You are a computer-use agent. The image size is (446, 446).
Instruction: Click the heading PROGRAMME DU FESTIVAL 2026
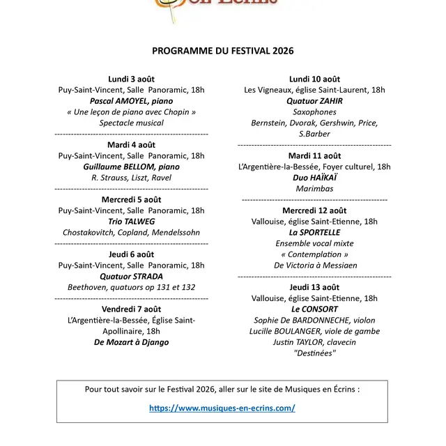(x=223, y=51)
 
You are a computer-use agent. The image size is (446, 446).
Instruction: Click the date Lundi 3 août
(x=131, y=79)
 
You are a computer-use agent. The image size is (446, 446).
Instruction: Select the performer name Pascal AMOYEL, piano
(x=131, y=101)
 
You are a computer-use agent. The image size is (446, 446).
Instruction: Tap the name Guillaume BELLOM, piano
(x=131, y=167)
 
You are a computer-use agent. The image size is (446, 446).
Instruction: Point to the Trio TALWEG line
(x=131, y=222)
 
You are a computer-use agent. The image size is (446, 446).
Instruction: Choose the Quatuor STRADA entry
(x=131, y=276)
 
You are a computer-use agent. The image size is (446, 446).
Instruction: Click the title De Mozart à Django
(x=131, y=342)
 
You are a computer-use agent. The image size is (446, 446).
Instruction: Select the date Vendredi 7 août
(x=131, y=309)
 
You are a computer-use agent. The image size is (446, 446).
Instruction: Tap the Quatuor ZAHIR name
(x=314, y=101)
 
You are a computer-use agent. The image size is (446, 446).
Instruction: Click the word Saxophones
(x=314, y=112)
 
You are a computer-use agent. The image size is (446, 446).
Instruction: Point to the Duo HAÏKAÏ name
(x=314, y=178)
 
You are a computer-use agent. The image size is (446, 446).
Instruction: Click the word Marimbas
(x=314, y=189)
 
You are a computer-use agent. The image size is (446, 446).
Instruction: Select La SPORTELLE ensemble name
(x=314, y=232)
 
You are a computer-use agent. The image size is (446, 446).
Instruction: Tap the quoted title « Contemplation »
(x=314, y=254)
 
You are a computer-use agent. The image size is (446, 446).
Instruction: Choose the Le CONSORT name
(x=314, y=309)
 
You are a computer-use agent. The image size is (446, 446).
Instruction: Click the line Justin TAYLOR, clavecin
(x=314, y=342)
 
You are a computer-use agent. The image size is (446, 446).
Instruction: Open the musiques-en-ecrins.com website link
(x=222, y=408)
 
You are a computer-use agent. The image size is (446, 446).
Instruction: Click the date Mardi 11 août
(x=314, y=155)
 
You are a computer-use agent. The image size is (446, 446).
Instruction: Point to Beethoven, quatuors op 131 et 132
(x=131, y=287)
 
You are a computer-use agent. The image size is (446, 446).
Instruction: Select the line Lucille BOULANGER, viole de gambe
(x=314, y=331)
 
